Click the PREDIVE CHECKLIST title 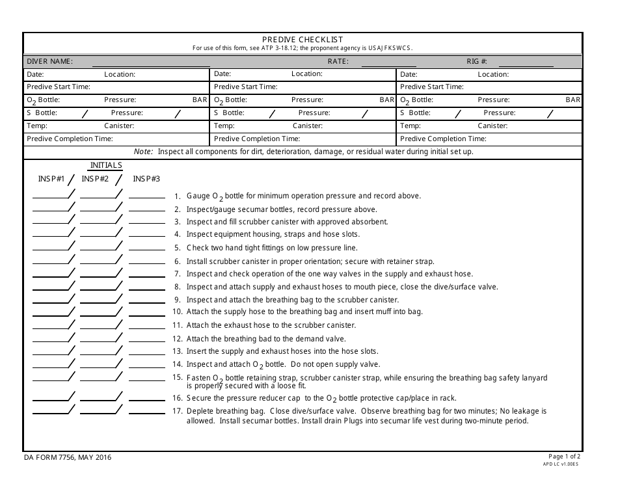click(302, 40)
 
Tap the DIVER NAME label click(49, 61)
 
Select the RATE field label click(338, 61)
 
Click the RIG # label click(477, 61)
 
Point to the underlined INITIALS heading click(106, 165)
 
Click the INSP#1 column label click(51, 179)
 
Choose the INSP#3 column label click(146, 179)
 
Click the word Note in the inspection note click(142, 152)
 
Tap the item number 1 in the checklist click(178, 196)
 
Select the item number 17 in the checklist click(176, 411)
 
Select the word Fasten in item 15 click(198, 378)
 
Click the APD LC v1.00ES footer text click(560, 464)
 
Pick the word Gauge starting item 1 click(198, 196)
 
